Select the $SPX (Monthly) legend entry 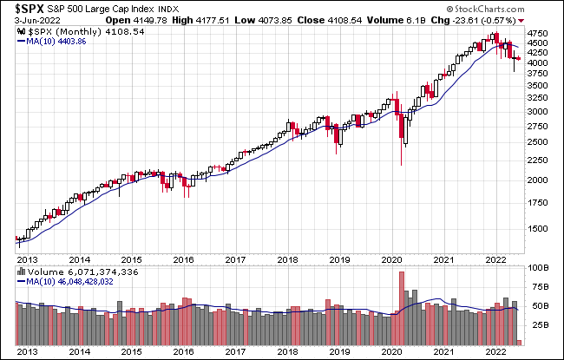78,31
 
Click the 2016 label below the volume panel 184,350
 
